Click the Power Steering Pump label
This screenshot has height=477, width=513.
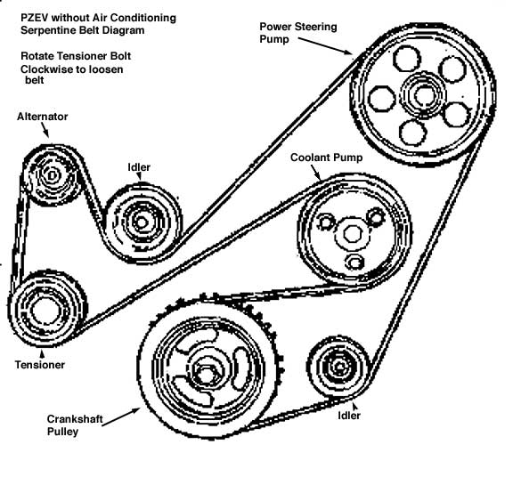tap(298, 33)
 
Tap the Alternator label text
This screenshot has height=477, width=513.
tap(42, 117)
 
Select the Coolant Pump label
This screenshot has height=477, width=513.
tap(327, 158)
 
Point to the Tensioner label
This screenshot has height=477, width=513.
tap(40, 365)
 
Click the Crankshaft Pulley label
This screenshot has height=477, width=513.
tap(75, 425)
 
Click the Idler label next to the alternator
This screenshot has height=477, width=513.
tap(139, 167)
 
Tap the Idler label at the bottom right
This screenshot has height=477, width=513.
tap(349, 416)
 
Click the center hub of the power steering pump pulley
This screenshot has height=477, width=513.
tap(424, 95)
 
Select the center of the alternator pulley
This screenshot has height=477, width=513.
tap(52, 176)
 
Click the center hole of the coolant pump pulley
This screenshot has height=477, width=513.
tap(352, 234)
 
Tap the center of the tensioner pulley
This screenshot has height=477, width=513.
tap(45, 310)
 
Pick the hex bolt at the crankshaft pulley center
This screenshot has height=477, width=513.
tap(205, 373)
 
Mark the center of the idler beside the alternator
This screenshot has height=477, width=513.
tap(142, 222)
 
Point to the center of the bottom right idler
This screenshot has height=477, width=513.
tap(339, 367)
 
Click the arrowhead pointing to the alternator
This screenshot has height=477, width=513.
tap(46, 133)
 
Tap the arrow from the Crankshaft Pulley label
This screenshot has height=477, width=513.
tap(121, 416)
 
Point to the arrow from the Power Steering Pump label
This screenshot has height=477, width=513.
tap(326, 45)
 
